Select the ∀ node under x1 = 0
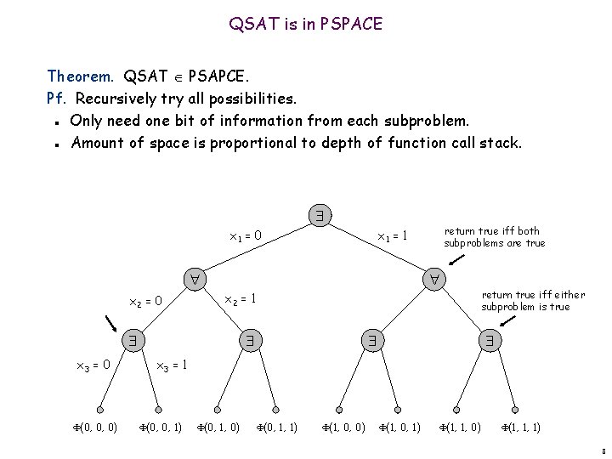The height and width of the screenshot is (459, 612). pos(195,279)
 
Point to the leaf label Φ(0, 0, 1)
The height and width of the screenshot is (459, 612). pos(160,427)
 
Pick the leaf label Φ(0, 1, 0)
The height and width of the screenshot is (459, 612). pos(218,427)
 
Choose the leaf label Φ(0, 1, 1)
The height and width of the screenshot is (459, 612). pos(276,427)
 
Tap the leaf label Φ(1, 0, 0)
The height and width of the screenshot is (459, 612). pos(343,427)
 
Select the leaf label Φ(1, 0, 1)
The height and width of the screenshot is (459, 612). pos(399,427)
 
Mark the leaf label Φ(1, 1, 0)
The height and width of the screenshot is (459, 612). pos(459,427)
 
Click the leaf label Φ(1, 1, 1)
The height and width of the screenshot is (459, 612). pos(520,427)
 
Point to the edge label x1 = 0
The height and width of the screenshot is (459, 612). pos(246,235)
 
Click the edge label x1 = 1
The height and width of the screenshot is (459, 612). pos(393,235)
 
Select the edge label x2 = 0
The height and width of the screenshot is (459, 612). pos(144,301)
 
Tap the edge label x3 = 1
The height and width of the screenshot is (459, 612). pos(171,365)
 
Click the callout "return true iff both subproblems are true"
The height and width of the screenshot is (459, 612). pos(494,237)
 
